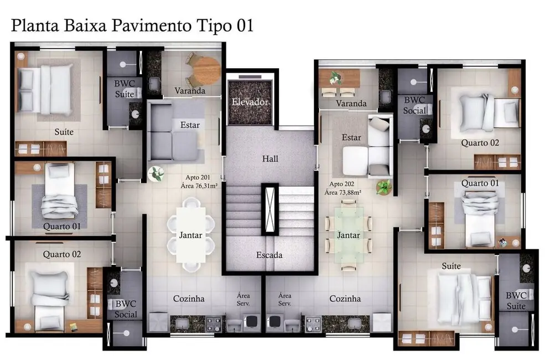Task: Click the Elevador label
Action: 250,102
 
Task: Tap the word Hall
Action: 270,159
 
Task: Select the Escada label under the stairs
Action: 270,255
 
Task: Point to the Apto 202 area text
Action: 345,188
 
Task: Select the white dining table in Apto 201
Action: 190,235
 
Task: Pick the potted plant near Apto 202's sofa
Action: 383,187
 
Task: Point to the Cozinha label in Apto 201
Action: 189,299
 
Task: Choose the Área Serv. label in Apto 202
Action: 285,300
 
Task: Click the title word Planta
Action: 34,25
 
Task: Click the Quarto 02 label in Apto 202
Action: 480,143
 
